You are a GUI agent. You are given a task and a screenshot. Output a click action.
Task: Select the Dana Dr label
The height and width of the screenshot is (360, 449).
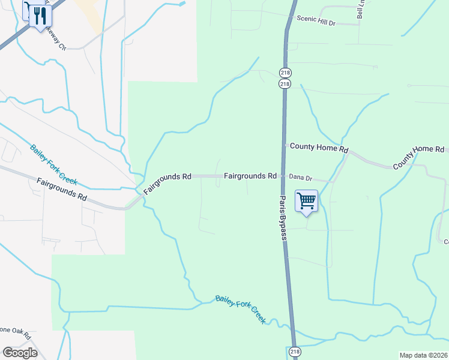coord(301,178)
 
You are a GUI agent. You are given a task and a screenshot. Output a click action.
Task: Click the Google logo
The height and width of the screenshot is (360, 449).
coord(19,353)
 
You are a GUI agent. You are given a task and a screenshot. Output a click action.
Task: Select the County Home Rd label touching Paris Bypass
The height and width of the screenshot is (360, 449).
coord(319,147)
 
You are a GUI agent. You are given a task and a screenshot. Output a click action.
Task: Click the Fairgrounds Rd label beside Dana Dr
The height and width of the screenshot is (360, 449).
coord(250,176)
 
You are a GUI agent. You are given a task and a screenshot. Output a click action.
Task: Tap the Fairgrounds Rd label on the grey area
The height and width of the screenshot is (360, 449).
coord(61,189)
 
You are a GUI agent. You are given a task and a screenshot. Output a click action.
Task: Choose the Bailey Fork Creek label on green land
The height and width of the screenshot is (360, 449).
coord(240,308)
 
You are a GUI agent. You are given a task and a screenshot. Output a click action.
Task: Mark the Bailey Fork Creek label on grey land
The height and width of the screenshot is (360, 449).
coord(54,166)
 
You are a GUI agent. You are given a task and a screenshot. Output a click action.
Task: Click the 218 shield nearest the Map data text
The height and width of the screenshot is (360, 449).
coord(294,352)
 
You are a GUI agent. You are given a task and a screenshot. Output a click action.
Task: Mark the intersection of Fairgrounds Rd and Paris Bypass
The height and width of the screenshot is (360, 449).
coord(283,176)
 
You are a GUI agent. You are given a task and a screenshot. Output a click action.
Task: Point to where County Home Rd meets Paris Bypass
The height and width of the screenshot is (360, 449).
coord(285,145)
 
